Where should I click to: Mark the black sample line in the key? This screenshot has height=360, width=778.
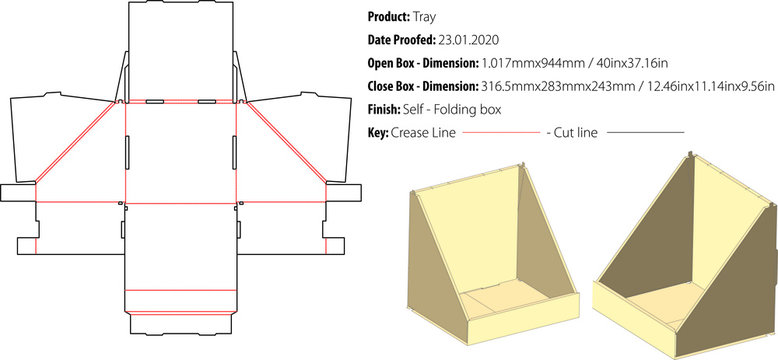tap(646, 132)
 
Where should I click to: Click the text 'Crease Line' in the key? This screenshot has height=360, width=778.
tap(425, 131)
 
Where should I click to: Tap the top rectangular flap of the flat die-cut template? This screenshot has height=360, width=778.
tap(179, 50)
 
